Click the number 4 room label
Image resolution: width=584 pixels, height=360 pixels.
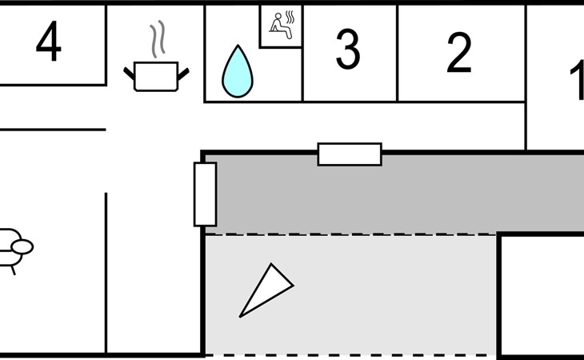(x=49, y=44)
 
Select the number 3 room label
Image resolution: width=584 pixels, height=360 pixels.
(x=347, y=50)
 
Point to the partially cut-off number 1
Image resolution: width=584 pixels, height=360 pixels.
(x=576, y=82)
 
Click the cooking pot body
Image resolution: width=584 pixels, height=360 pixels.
(x=156, y=76)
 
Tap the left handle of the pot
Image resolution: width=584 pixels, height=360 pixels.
(x=130, y=74)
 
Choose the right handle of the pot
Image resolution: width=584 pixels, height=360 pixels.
(x=183, y=74)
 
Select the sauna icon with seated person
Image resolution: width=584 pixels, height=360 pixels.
(x=281, y=26)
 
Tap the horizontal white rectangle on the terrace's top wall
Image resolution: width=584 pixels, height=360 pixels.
(x=350, y=154)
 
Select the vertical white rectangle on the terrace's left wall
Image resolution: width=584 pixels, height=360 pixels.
(x=205, y=194)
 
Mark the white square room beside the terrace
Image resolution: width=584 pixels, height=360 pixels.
(x=542, y=296)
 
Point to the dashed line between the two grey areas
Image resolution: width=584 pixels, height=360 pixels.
(x=352, y=234)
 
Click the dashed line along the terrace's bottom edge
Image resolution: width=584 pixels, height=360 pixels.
(x=352, y=355)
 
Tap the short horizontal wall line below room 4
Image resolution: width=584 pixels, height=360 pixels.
(x=53, y=130)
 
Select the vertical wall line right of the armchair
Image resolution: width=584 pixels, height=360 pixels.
(x=106, y=272)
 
